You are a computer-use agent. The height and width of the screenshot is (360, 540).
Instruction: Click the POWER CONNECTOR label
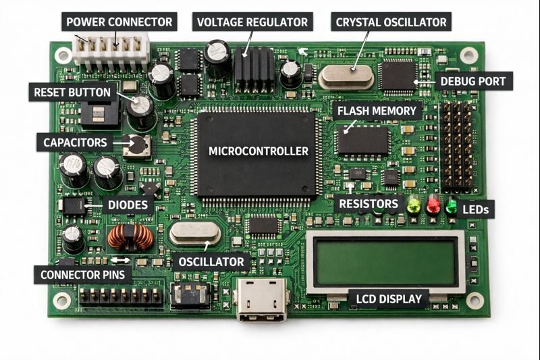[x=120, y=22]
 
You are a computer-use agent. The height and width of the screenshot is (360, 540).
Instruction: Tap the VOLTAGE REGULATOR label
[x=252, y=22]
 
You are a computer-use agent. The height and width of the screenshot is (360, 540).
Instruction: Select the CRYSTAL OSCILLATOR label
[x=391, y=22]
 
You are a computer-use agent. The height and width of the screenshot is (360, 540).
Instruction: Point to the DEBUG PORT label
[x=473, y=82]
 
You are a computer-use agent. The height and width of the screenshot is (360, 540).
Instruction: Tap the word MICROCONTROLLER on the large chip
[x=259, y=151]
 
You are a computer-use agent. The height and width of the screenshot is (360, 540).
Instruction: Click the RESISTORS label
[x=369, y=203]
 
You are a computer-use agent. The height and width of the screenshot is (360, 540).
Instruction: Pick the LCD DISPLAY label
[x=389, y=299]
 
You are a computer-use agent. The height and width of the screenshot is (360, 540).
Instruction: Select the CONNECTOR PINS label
[x=83, y=275]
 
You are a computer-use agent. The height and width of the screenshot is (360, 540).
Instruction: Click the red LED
[x=433, y=203]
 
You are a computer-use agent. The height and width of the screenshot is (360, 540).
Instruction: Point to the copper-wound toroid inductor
[x=131, y=237]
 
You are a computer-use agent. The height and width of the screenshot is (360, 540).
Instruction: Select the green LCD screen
[x=386, y=262]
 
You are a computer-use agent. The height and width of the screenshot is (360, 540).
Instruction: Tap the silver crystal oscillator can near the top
[x=346, y=76]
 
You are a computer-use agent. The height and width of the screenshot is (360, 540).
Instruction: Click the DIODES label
[x=128, y=205]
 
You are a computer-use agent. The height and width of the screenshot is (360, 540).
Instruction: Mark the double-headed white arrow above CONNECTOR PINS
[x=121, y=259]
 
